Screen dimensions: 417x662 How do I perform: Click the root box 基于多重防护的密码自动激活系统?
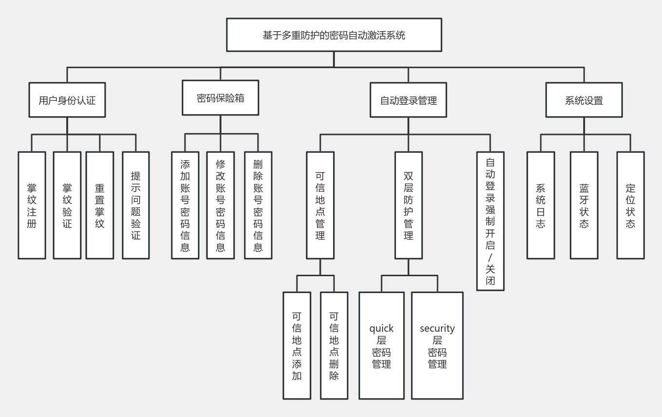point(334,35)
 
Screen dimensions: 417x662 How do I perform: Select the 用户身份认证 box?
point(67,100)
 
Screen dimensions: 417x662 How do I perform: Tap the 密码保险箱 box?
point(221,98)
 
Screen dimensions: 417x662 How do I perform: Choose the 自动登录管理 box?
point(408,100)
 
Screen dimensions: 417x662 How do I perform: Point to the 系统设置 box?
point(584,100)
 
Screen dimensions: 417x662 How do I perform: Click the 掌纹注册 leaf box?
point(32,205)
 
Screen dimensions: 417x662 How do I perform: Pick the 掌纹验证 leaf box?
point(67,205)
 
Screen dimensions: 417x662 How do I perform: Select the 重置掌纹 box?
point(100,205)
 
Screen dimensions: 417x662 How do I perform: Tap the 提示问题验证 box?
point(136,205)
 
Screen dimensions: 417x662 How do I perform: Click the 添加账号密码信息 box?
point(185,205)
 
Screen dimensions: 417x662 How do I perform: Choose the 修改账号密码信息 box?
point(221,205)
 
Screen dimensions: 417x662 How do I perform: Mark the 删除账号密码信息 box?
point(258,205)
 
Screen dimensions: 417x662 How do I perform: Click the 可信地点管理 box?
point(320,205)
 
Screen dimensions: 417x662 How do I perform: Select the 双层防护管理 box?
point(408,205)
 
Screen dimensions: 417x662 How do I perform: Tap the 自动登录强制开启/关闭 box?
point(490,221)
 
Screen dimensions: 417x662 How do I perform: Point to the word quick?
point(382,328)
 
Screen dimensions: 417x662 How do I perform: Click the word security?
point(437,328)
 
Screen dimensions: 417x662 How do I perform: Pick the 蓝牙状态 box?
point(584,205)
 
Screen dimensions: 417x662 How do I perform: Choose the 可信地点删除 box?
point(334,345)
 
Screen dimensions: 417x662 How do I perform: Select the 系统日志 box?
point(541,205)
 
